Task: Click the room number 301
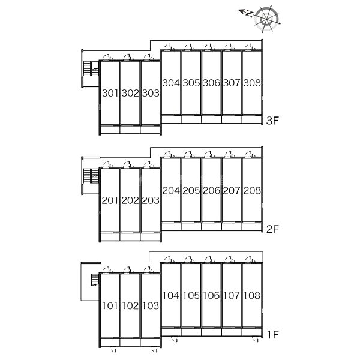[x=110, y=94]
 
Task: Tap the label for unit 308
[x=252, y=83]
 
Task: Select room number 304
[x=171, y=83]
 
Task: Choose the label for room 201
[x=110, y=201]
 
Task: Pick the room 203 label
[x=150, y=201]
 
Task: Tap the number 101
[x=110, y=306]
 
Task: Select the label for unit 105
[x=191, y=295]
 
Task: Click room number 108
[x=252, y=295]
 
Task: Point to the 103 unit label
[x=150, y=306]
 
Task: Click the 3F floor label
[x=273, y=121]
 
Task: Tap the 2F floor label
[x=273, y=229]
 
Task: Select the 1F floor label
[x=273, y=333]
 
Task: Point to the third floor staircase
[x=92, y=70]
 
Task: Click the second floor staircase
[x=92, y=177]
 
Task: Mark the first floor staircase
[x=93, y=281]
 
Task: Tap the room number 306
[x=211, y=83]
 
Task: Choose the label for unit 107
[x=232, y=295]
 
